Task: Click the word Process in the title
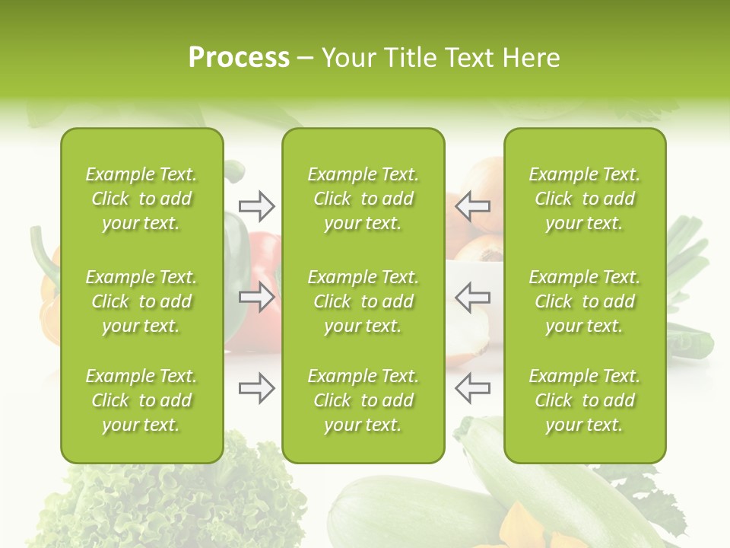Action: click(239, 58)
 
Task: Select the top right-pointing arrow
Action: click(256, 205)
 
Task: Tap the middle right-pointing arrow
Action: click(256, 297)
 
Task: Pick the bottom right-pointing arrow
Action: click(256, 388)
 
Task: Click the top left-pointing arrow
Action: click(473, 205)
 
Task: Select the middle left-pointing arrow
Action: click(473, 297)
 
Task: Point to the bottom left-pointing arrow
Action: click(473, 388)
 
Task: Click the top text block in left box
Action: click(141, 199)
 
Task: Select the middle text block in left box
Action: click(141, 301)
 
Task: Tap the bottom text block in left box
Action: click(141, 400)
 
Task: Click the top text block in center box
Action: click(363, 199)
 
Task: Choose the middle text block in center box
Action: click(363, 301)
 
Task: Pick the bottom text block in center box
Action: click(363, 400)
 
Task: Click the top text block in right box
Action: click(584, 199)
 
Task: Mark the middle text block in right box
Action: click(584, 301)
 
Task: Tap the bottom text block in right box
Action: click(584, 400)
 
